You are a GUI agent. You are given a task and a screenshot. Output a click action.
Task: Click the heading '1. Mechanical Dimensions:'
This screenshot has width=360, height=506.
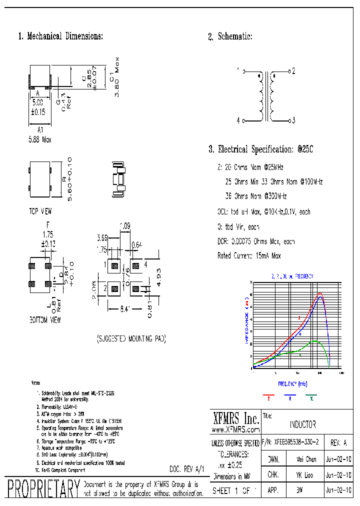point(60,36)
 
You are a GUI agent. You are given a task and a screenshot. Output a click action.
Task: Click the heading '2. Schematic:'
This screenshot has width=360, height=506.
point(230,36)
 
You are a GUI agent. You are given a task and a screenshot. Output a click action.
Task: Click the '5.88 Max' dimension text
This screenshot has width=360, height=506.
point(39,140)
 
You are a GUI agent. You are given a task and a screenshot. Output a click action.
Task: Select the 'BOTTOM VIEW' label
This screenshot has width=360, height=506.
point(45,320)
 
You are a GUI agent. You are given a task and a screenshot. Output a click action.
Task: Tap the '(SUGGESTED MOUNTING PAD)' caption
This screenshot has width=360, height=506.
point(131,339)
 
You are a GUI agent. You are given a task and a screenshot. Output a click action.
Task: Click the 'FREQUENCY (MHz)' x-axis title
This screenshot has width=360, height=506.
point(293,384)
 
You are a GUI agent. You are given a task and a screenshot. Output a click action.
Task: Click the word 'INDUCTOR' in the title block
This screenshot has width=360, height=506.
point(302,425)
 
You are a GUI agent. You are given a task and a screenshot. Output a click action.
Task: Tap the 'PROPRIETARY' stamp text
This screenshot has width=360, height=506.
point(43,488)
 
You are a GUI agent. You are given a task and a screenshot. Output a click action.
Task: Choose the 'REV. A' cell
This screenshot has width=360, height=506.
point(338,442)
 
